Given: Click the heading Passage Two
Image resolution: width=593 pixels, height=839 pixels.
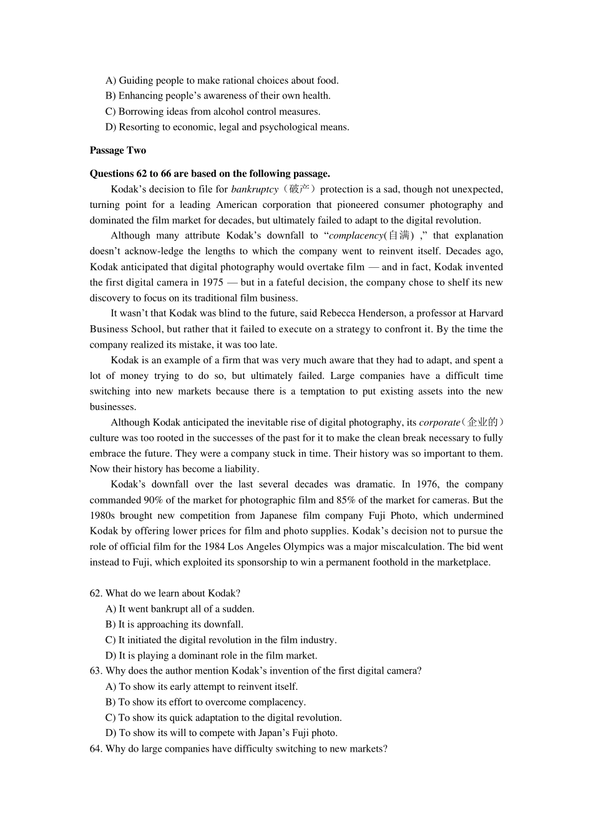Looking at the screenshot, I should pos(117,150).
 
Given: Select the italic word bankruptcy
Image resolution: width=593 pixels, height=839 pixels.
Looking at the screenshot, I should pos(254,189).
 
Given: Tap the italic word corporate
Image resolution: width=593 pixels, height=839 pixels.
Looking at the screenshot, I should pos(439,423).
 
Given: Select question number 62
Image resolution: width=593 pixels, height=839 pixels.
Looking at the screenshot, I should pos(96,594).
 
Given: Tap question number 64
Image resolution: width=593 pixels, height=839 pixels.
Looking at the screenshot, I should pos(96,749).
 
